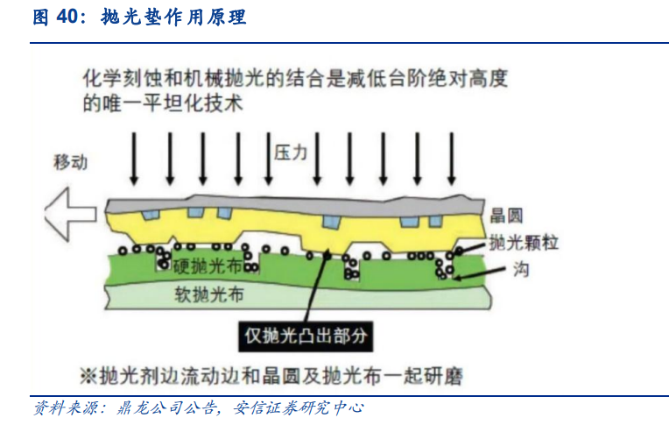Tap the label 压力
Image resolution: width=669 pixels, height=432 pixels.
[x=291, y=152]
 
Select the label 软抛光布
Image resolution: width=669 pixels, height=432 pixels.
[x=208, y=294]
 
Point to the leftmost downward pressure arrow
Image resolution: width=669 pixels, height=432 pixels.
[x=133, y=158]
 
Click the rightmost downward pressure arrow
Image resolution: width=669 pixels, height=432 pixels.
[x=452, y=158]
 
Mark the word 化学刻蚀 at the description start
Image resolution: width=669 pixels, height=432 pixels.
[x=114, y=79]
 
